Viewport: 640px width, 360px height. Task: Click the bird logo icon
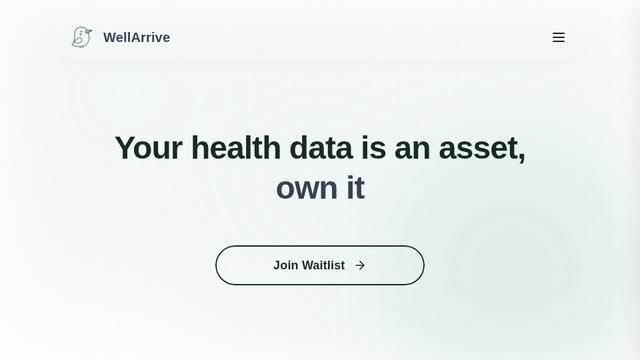(x=81, y=37)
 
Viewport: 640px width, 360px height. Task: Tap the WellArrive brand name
(x=136, y=38)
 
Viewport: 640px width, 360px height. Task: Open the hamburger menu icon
(x=559, y=38)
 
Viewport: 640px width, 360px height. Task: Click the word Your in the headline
(x=148, y=148)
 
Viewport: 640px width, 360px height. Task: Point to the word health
(x=236, y=148)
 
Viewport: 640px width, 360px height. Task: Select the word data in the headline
(x=321, y=148)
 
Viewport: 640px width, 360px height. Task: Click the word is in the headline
(x=373, y=148)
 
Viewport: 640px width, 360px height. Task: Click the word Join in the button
(x=285, y=265)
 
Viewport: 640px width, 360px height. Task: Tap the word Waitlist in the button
(x=323, y=265)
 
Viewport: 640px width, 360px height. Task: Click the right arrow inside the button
(x=360, y=265)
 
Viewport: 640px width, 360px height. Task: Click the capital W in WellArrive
(x=110, y=38)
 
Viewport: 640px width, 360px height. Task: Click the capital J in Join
(x=277, y=265)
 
